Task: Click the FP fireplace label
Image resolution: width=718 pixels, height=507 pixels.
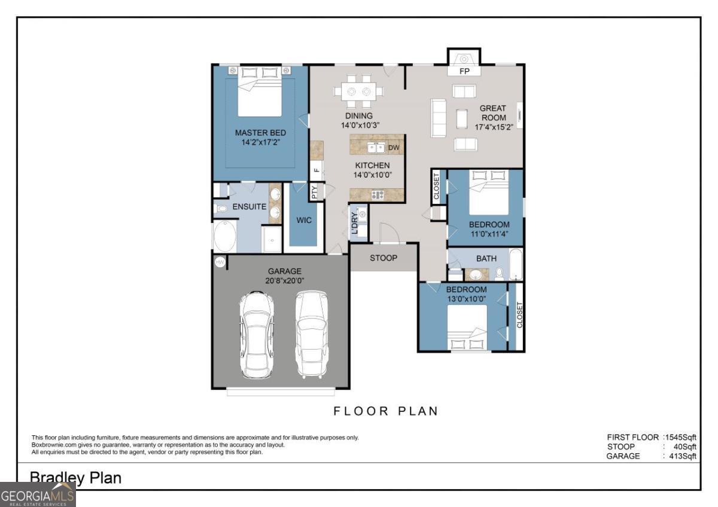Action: point(464,71)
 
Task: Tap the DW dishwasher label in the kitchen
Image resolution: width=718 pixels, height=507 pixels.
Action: point(394,147)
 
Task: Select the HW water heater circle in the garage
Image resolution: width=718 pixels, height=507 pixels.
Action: point(220,262)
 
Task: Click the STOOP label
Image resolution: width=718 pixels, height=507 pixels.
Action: point(384,258)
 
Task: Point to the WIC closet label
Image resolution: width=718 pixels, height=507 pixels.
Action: point(303,220)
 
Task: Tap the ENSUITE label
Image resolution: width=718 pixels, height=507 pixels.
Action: point(250,207)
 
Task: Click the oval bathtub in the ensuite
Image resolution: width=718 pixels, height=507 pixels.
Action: point(225,236)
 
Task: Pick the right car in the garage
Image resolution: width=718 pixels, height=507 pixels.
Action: point(312,334)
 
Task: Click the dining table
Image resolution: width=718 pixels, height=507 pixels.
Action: point(358,91)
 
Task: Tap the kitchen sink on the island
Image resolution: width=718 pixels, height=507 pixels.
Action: point(376,148)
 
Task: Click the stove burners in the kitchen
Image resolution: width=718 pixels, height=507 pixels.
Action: point(378,194)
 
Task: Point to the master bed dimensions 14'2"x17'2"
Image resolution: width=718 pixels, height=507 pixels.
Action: point(261,142)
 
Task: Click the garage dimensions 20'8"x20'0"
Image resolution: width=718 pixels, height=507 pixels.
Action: point(284,280)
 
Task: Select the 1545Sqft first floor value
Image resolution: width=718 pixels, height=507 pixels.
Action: point(680,437)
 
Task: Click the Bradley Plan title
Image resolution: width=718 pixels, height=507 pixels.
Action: point(75,478)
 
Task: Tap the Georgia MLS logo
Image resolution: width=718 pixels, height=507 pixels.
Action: point(38,495)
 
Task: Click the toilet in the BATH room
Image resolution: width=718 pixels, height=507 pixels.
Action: point(499,274)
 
